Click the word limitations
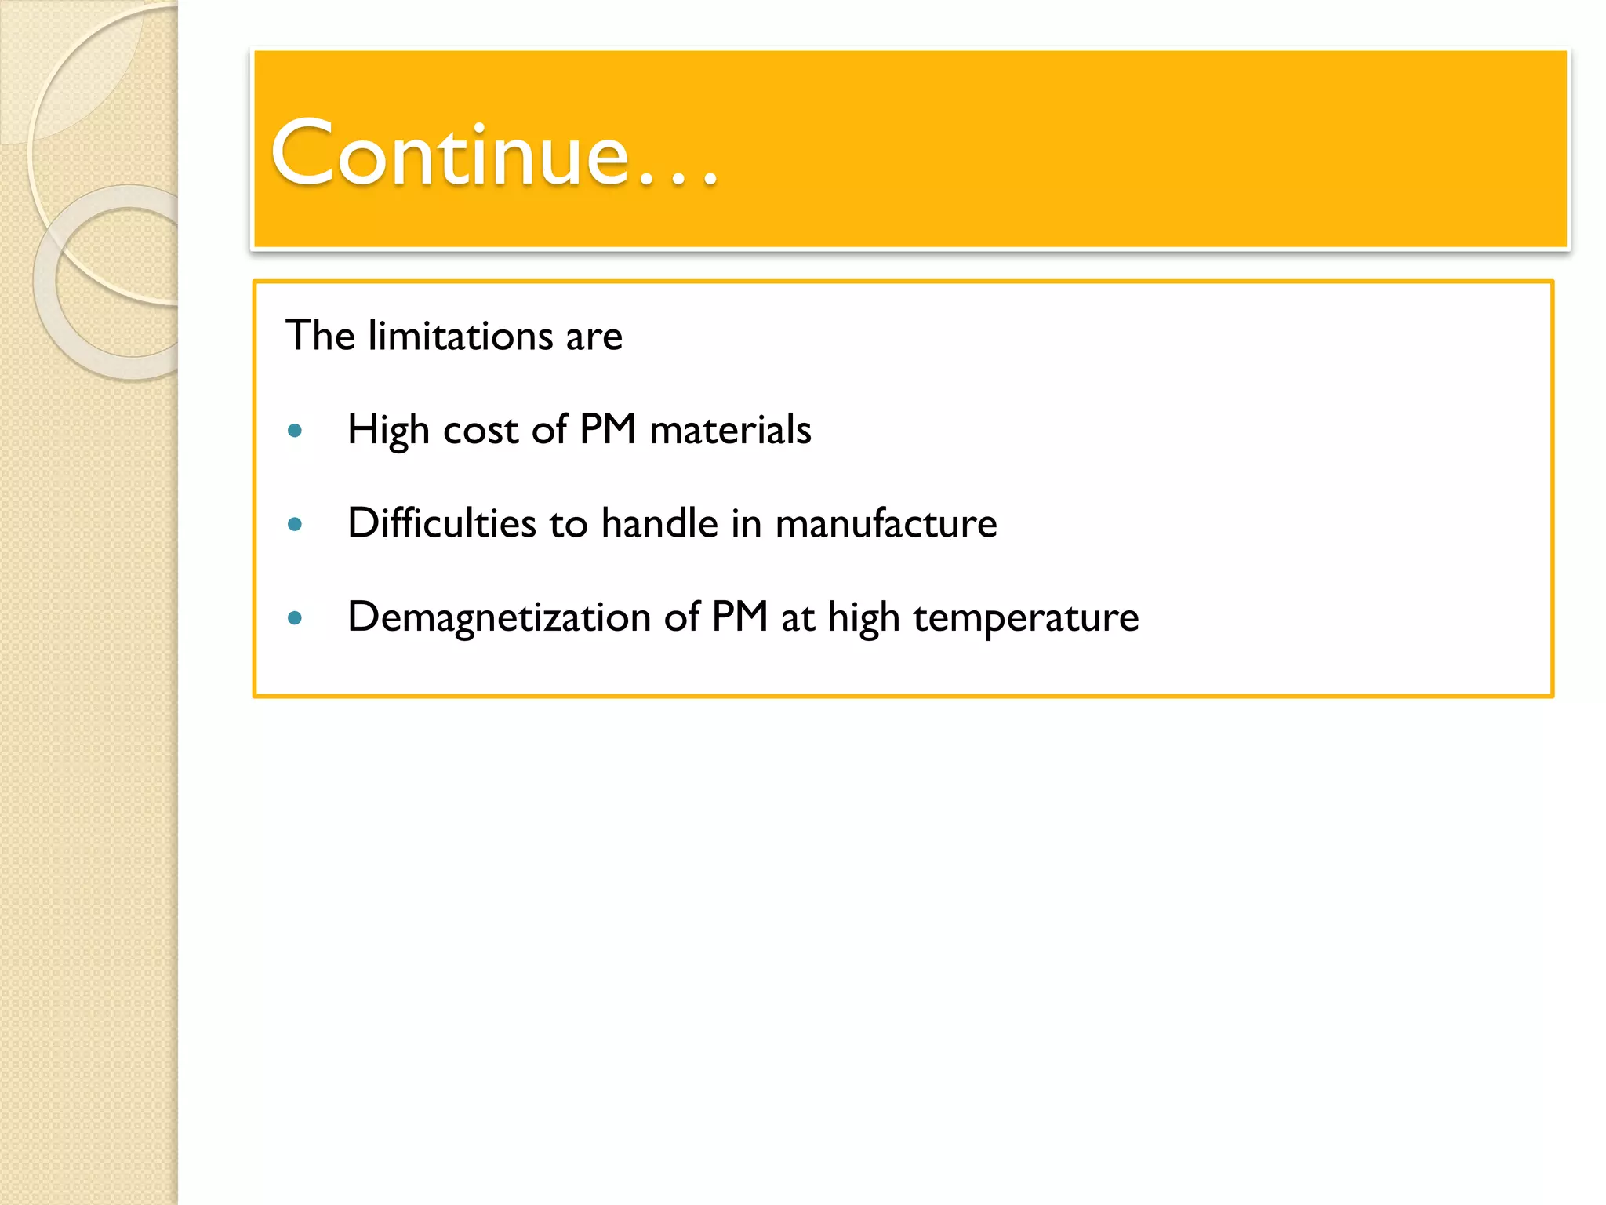[x=460, y=336]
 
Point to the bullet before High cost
[x=295, y=431]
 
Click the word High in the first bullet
[x=388, y=430]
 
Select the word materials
[x=730, y=431]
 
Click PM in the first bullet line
[x=608, y=430]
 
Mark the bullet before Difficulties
[x=295, y=524]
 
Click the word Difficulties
[x=442, y=523]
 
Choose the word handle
[x=659, y=523]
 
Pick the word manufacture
[x=886, y=523]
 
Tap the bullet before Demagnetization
[x=295, y=618]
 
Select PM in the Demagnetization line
[x=739, y=617]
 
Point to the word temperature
[x=1026, y=618]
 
